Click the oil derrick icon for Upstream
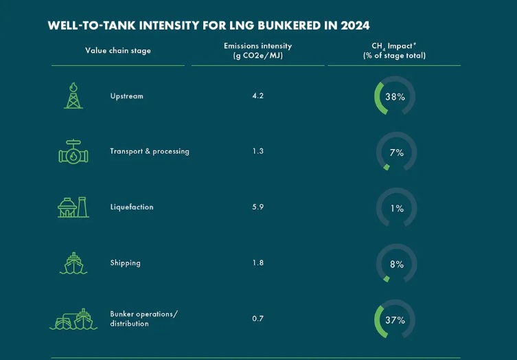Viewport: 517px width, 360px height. pyautogui.click(x=73, y=96)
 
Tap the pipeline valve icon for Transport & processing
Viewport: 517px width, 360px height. pyautogui.click(x=73, y=152)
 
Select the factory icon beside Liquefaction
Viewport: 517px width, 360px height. pyautogui.click(x=73, y=207)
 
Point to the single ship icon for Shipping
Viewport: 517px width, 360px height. pyautogui.click(x=73, y=263)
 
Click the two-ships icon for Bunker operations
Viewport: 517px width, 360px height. pyautogui.click(x=73, y=319)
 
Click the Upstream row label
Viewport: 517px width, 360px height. pyautogui.click(x=127, y=96)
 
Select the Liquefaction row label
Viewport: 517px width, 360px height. pyautogui.click(x=132, y=207)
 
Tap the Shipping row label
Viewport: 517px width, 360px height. pyautogui.click(x=125, y=263)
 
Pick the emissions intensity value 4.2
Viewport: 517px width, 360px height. pyautogui.click(x=257, y=96)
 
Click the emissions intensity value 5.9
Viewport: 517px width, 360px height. pyautogui.click(x=257, y=207)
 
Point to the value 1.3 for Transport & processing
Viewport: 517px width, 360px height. pyautogui.click(x=257, y=152)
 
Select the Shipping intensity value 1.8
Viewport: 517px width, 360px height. pyautogui.click(x=257, y=263)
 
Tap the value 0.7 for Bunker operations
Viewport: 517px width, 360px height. pyautogui.click(x=257, y=319)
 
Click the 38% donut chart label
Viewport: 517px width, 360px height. pyautogui.click(x=395, y=97)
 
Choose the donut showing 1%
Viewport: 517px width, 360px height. pyautogui.click(x=396, y=208)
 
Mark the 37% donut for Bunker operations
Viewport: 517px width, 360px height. pyautogui.click(x=395, y=320)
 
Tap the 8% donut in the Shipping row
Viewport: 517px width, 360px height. pyautogui.click(x=396, y=265)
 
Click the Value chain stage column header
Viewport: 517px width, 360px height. pyautogui.click(x=118, y=51)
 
